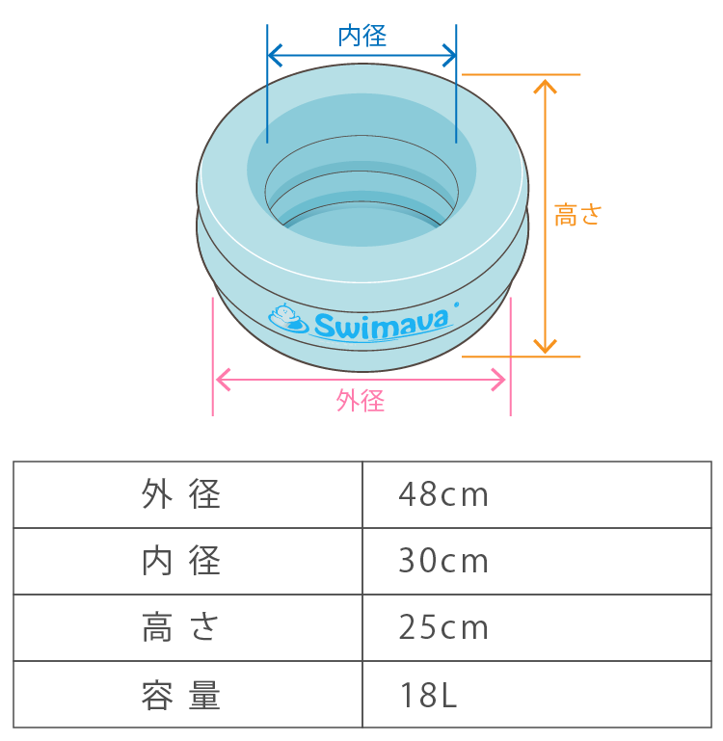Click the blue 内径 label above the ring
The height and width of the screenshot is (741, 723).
pyautogui.click(x=362, y=37)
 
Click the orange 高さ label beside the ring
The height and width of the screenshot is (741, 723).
pyautogui.click(x=577, y=215)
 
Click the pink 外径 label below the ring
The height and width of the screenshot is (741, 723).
pyautogui.click(x=361, y=401)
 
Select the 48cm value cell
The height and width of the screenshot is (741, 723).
pyautogui.click(x=443, y=495)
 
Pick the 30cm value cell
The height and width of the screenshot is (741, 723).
pyautogui.click(x=443, y=561)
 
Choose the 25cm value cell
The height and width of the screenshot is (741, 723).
pyautogui.click(x=443, y=627)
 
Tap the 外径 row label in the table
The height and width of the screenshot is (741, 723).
pyautogui.click(x=182, y=495)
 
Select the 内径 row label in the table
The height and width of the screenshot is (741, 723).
pyautogui.click(x=182, y=561)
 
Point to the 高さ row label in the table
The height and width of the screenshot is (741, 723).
pyautogui.click(x=182, y=627)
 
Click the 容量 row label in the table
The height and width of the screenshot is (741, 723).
pyautogui.click(x=182, y=694)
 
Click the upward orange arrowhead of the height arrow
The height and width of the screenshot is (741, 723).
pyautogui.click(x=546, y=84)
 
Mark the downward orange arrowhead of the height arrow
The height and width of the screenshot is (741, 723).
pyautogui.click(x=546, y=347)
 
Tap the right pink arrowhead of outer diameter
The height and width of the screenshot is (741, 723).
pyautogui.click(x=500, y=380)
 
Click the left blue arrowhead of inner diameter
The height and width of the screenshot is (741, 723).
pyautogui.click(x=274, y=53)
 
